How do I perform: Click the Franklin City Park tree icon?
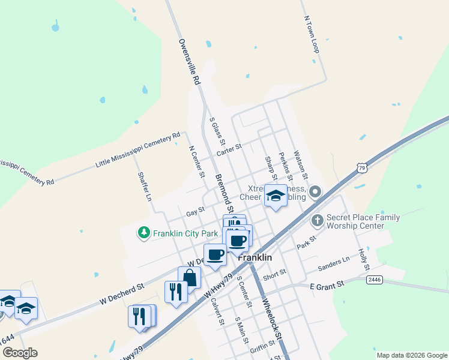pos(143,233)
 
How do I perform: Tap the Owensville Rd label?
pos(187,61)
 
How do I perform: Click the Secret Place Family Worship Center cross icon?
pos(318,221)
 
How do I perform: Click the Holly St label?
pos(362,259)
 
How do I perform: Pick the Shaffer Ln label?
pos(145,186)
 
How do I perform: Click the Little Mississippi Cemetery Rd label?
pos(138,150)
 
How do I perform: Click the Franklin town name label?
pos(255,257)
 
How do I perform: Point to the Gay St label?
pos(195,212)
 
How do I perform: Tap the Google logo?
pos(20,353)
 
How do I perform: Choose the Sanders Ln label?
pos(334,262)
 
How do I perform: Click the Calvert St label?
pos(217,312)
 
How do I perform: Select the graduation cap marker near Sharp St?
pos(276,196)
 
